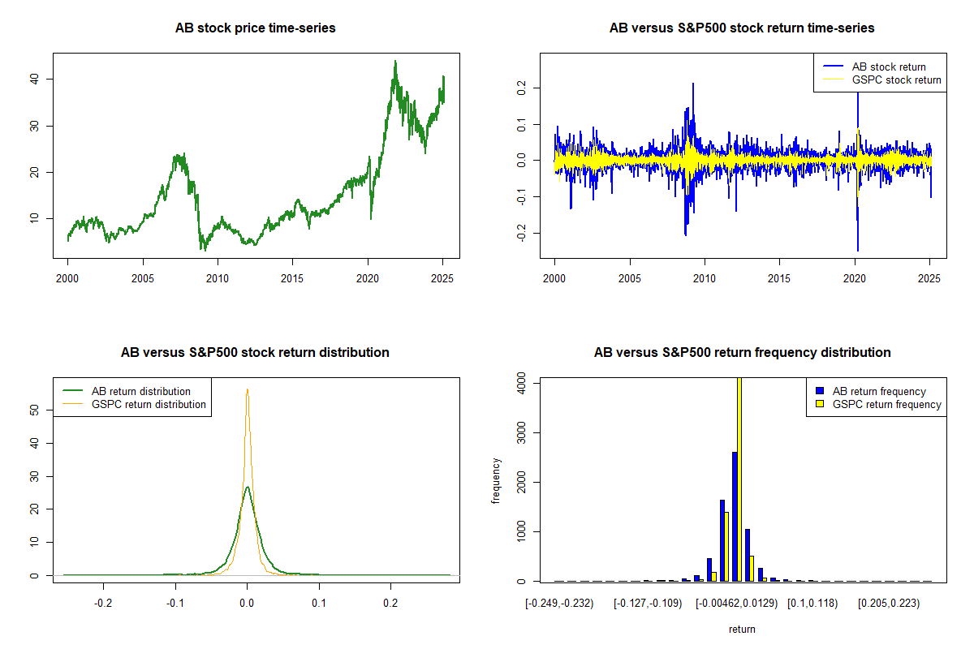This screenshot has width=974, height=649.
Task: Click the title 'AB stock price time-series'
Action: (256, 28)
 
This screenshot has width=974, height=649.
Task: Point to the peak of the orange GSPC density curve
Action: (248, 389)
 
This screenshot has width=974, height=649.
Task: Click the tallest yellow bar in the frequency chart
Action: (739, 479)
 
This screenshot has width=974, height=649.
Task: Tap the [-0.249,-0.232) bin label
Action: (560, 604)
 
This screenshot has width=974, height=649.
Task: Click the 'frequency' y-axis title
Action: (497, 481)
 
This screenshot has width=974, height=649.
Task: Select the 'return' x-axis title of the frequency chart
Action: (742, 629)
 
